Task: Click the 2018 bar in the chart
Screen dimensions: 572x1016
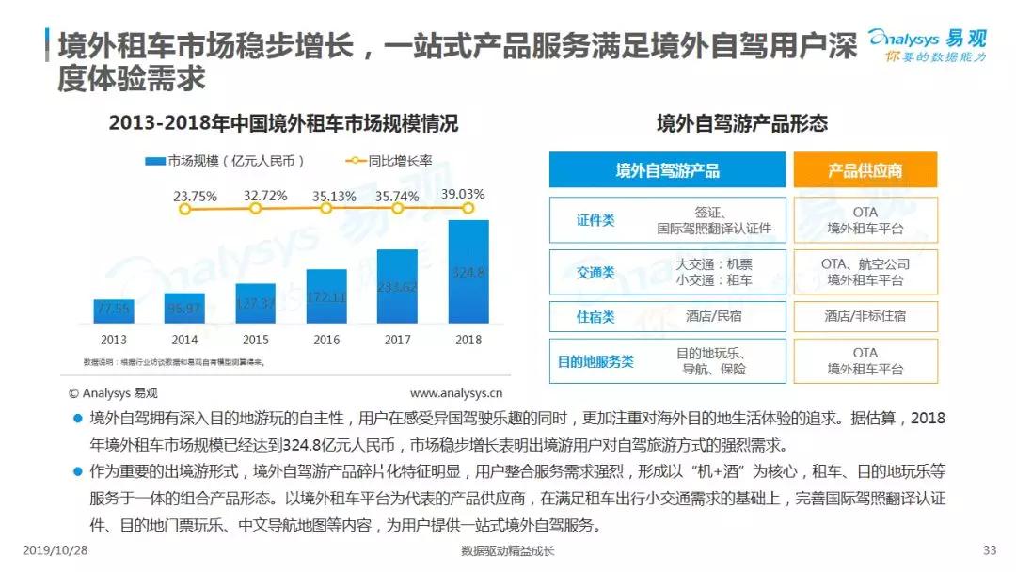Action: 468,272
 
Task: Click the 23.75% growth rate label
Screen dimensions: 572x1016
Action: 195,197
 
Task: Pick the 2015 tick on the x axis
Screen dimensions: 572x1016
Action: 255,340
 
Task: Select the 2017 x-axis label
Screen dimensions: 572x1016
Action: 397,340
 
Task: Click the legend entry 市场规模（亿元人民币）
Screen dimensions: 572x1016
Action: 225,161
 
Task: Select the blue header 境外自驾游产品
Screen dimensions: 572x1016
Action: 667,170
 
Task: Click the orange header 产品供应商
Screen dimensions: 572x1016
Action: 865,170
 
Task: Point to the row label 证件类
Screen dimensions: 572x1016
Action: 595,220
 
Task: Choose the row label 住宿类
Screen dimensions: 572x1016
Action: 595,317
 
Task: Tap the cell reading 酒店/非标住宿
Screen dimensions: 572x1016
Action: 865,317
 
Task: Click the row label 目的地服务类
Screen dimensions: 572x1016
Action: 595,361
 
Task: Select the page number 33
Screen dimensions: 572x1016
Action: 989,550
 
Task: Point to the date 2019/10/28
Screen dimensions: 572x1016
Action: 54,550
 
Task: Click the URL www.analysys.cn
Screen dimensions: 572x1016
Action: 456,392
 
